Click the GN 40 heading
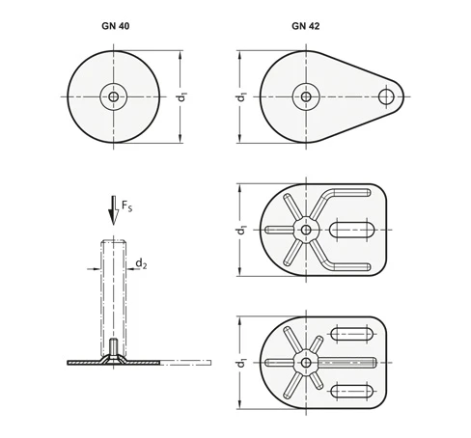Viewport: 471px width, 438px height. (116, 26)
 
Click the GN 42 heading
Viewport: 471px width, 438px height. (306, 26)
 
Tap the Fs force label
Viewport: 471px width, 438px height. (126, 206)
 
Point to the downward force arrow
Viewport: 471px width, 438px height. (113, 210)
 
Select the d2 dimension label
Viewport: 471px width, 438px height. (141, 263)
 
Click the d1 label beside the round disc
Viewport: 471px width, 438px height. (182, 96)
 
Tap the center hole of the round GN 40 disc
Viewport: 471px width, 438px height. (113, 96)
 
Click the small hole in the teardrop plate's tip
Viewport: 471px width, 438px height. (386, 96)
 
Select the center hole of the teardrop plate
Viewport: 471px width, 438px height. (306, 96)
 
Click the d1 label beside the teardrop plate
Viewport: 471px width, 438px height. (241, 96)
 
